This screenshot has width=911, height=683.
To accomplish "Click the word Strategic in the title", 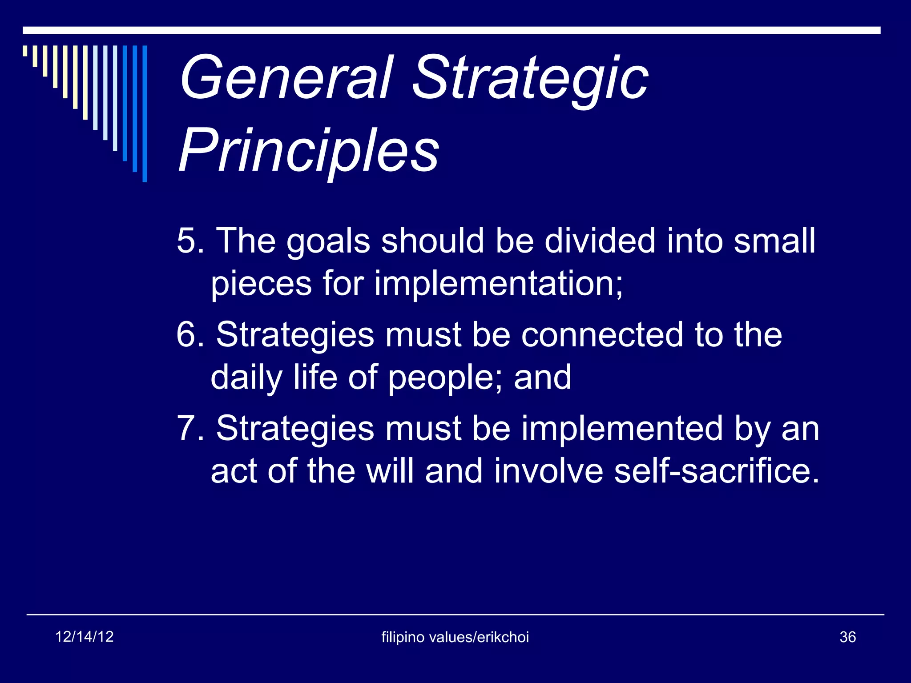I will (529, 80).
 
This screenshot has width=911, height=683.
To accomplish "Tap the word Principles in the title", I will (309, 151).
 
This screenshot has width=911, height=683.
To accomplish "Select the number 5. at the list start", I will (190, 241).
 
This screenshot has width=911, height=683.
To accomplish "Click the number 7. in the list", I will (190, 429).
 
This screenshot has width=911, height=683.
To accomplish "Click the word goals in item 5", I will (328, 242).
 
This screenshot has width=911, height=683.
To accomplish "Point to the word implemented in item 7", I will (622, 429).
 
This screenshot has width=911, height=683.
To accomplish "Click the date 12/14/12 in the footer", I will (85, 637).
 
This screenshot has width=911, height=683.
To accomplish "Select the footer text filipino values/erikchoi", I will (455, 637).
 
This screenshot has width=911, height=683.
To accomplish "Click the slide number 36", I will (847, 637).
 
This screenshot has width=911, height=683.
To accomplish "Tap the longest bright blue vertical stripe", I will (145, 113).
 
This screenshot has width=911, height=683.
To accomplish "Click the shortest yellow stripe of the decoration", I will (25, 51).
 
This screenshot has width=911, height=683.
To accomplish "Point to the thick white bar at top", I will (451, 30).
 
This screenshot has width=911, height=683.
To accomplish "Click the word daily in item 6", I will (246, 378).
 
